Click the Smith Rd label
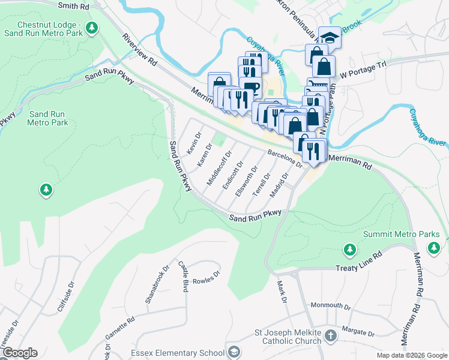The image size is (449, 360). click(x=73, y=5)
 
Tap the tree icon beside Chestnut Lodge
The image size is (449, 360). click(x=91, y=27)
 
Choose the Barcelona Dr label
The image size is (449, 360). click(x=285, y=159)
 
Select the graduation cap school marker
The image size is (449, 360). click(x=329, y=37)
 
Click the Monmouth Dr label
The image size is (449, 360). click(x=330, y=305)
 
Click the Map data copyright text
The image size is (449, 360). click(x=411, y=355)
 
